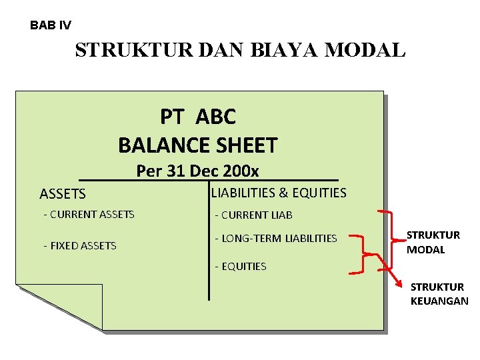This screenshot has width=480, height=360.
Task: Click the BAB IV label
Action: [50, 26]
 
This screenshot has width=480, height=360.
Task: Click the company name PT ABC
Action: [197, 117]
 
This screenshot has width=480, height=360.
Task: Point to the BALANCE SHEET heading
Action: [197, 145]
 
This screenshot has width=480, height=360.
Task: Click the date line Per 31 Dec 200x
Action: [197, 171]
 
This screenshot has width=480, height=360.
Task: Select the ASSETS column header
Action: [63, 195]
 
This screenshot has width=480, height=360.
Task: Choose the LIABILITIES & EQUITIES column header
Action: [279, 193]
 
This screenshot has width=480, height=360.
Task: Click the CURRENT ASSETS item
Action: [89, 215]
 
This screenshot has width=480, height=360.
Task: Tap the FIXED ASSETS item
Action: [80, 246]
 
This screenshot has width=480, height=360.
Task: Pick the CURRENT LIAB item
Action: [253, 215]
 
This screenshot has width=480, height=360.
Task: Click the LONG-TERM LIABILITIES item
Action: [275, 239]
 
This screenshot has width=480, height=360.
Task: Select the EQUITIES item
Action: [240, 267]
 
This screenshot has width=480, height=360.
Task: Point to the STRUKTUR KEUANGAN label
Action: [439, 294]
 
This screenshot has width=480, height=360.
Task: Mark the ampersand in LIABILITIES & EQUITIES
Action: [285, 193]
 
